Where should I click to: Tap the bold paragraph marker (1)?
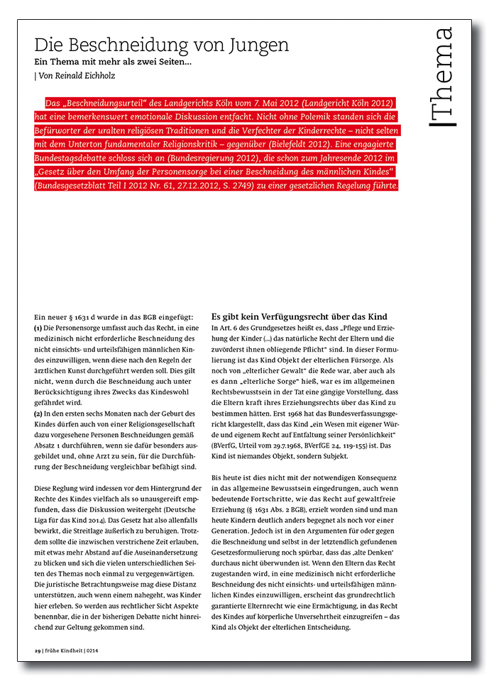point(38,328)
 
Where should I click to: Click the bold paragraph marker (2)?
point(38,413)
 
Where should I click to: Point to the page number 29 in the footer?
point(38,650)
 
